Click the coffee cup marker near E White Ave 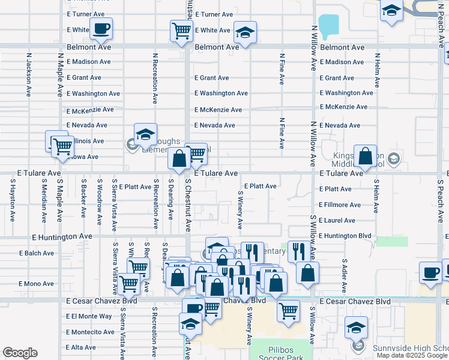click(101, 28)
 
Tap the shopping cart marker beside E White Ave click(181, 31)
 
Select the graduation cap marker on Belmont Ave click(245, 32)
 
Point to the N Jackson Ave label click(29, 75)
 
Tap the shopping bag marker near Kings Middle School click(365, 156)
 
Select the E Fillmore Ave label click(340, 205)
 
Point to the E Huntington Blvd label click(345, 236)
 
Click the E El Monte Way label click(89, 316)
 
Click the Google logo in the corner click(20, 353)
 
